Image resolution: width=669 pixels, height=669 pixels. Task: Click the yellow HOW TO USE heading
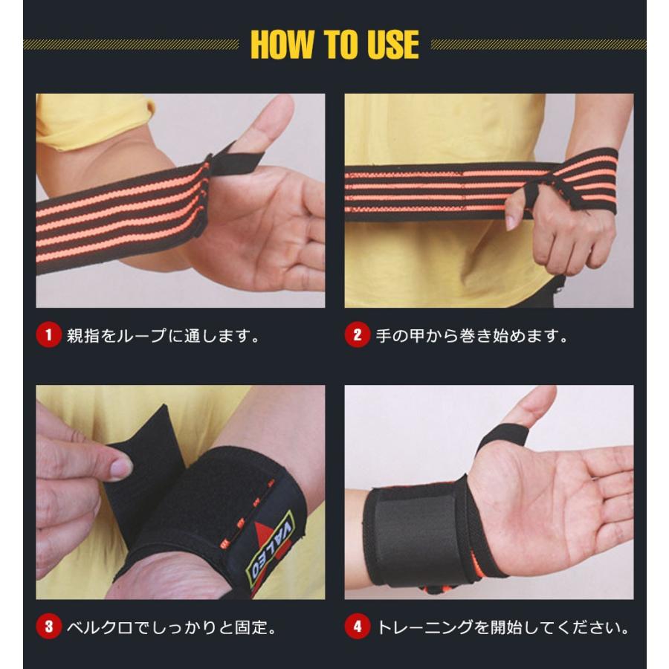tap(334, 45)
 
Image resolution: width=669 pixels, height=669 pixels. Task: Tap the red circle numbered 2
tap(357, 335)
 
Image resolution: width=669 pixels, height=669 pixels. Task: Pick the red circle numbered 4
tap(357, 627)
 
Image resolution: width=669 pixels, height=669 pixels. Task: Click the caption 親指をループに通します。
tap(161, 335)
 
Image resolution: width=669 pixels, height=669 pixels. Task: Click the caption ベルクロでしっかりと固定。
tap(171, 627)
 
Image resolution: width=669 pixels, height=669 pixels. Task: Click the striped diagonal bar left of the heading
tap(131, 45)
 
